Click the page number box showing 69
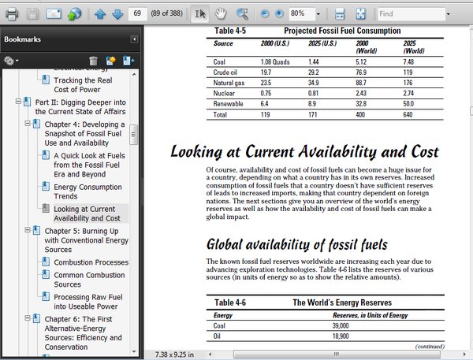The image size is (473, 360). [x=138, y=14]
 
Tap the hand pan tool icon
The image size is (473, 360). [x=222, y=14]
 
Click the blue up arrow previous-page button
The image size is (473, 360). [x=100, y=14]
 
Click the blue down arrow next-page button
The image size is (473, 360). [x=117, y=14]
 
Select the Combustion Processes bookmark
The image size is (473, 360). [x=91, y=262]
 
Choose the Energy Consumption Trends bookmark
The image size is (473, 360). [x=88, y=192]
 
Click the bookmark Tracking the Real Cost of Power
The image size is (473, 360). [x=82, y=84]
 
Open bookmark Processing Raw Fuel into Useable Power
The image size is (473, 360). [x=85, y=302]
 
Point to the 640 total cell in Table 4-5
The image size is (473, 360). [x=409, y=114]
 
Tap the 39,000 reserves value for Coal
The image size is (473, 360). [x=341, y=325]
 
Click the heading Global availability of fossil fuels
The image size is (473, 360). [x=296, y=244]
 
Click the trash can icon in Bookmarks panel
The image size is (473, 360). [x=94, y=61]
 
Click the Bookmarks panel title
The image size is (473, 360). [x=22, y=39]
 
